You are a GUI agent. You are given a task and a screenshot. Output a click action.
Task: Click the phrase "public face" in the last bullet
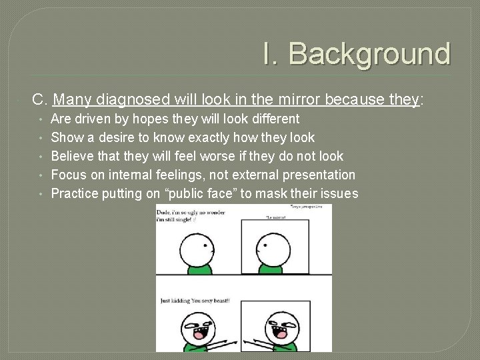(x=208, y=194)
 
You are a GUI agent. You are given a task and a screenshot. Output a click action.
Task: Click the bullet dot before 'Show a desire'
(x=41, y=138)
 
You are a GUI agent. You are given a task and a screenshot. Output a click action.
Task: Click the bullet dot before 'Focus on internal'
(x=41, y=175)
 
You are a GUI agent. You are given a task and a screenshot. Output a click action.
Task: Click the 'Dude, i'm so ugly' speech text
(x=190, y=215)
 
